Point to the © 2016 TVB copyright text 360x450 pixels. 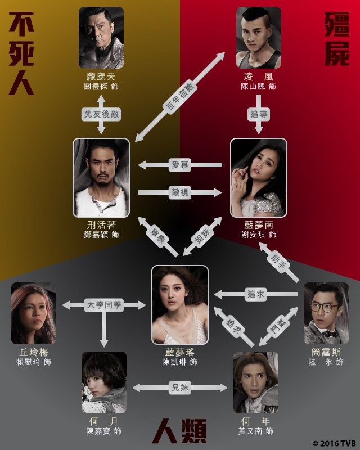[334, 442]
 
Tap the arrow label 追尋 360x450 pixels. [258, 114]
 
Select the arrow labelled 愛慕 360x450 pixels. [179, 165]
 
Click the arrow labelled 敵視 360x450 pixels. [179, 193]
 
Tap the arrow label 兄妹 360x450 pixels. [180, 387]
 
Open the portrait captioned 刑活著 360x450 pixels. [101, 178]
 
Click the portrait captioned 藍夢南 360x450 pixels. [259, 178]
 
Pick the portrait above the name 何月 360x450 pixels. [104, 382]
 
